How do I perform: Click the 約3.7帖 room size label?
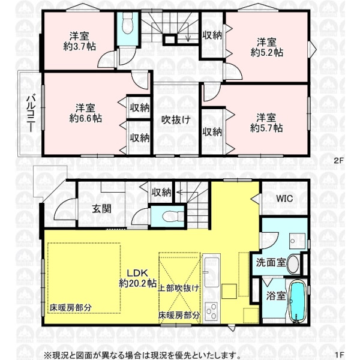(79, 47)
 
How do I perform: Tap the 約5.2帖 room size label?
(266, 53)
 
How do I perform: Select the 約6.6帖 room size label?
(85, 118)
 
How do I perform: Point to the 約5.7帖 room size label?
(266, 128)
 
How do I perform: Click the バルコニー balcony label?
(31, 114)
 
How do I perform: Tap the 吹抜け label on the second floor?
(176, 119)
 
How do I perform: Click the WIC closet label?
(284, 199)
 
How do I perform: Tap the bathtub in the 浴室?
(297, 301)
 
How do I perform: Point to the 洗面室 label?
(271, 262)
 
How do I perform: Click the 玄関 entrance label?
(102, 209)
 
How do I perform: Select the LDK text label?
(138, 273)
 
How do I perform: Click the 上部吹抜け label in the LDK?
(178, 288)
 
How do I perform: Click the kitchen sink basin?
(212, 272)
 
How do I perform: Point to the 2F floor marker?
(338, 160)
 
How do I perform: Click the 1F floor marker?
(339, 355)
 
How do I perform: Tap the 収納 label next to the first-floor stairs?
(161, 192)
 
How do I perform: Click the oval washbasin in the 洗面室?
(293, 264)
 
